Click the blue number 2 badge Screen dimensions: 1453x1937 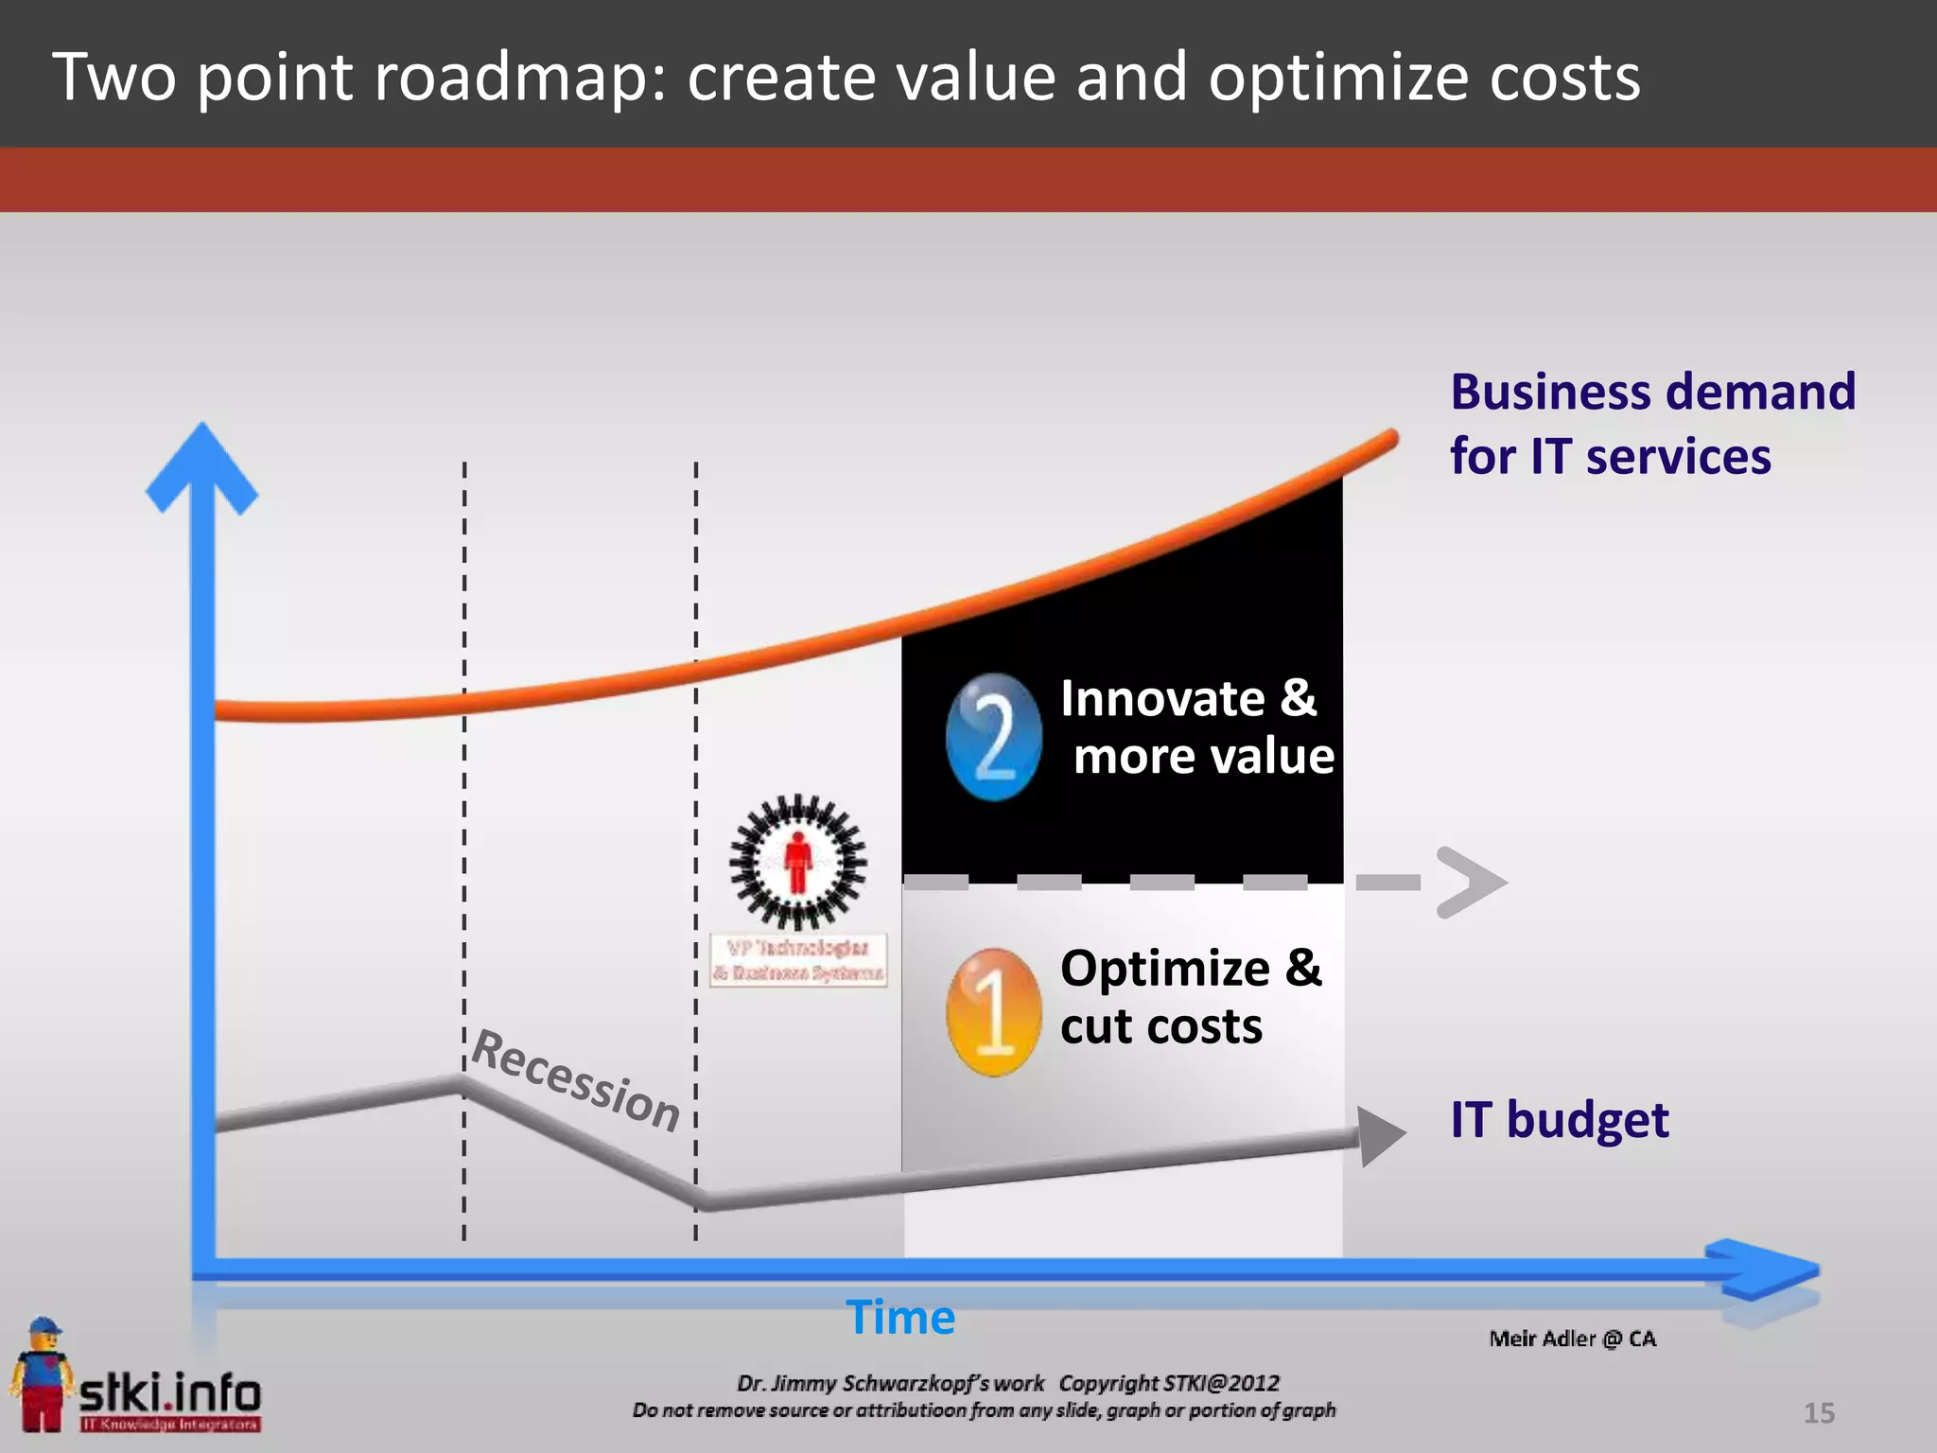pos(993,737)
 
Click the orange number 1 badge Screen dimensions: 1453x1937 pos(992,1011)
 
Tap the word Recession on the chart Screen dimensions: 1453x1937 pos(575,1080)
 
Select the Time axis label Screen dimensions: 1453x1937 pos(900,1317)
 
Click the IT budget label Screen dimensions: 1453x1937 pos(1559,1120)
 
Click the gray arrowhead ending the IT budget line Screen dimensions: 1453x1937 pos(1379,1135)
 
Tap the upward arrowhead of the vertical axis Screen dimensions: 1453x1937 pos(202,469)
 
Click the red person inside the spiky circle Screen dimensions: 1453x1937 pos(798,861)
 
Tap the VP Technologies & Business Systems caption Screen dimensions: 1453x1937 pos(799,960)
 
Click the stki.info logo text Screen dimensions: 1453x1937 pos(170,1392)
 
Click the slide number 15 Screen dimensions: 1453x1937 pos(1818,1413)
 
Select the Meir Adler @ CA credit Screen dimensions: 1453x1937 pos(1572,1339)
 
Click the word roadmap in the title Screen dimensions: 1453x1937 pos(520,78)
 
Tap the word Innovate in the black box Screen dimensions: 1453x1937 pos(1162,699)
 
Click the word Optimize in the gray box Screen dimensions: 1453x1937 pos(1164,969)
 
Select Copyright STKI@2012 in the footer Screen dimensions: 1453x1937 pos(1169,1383)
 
